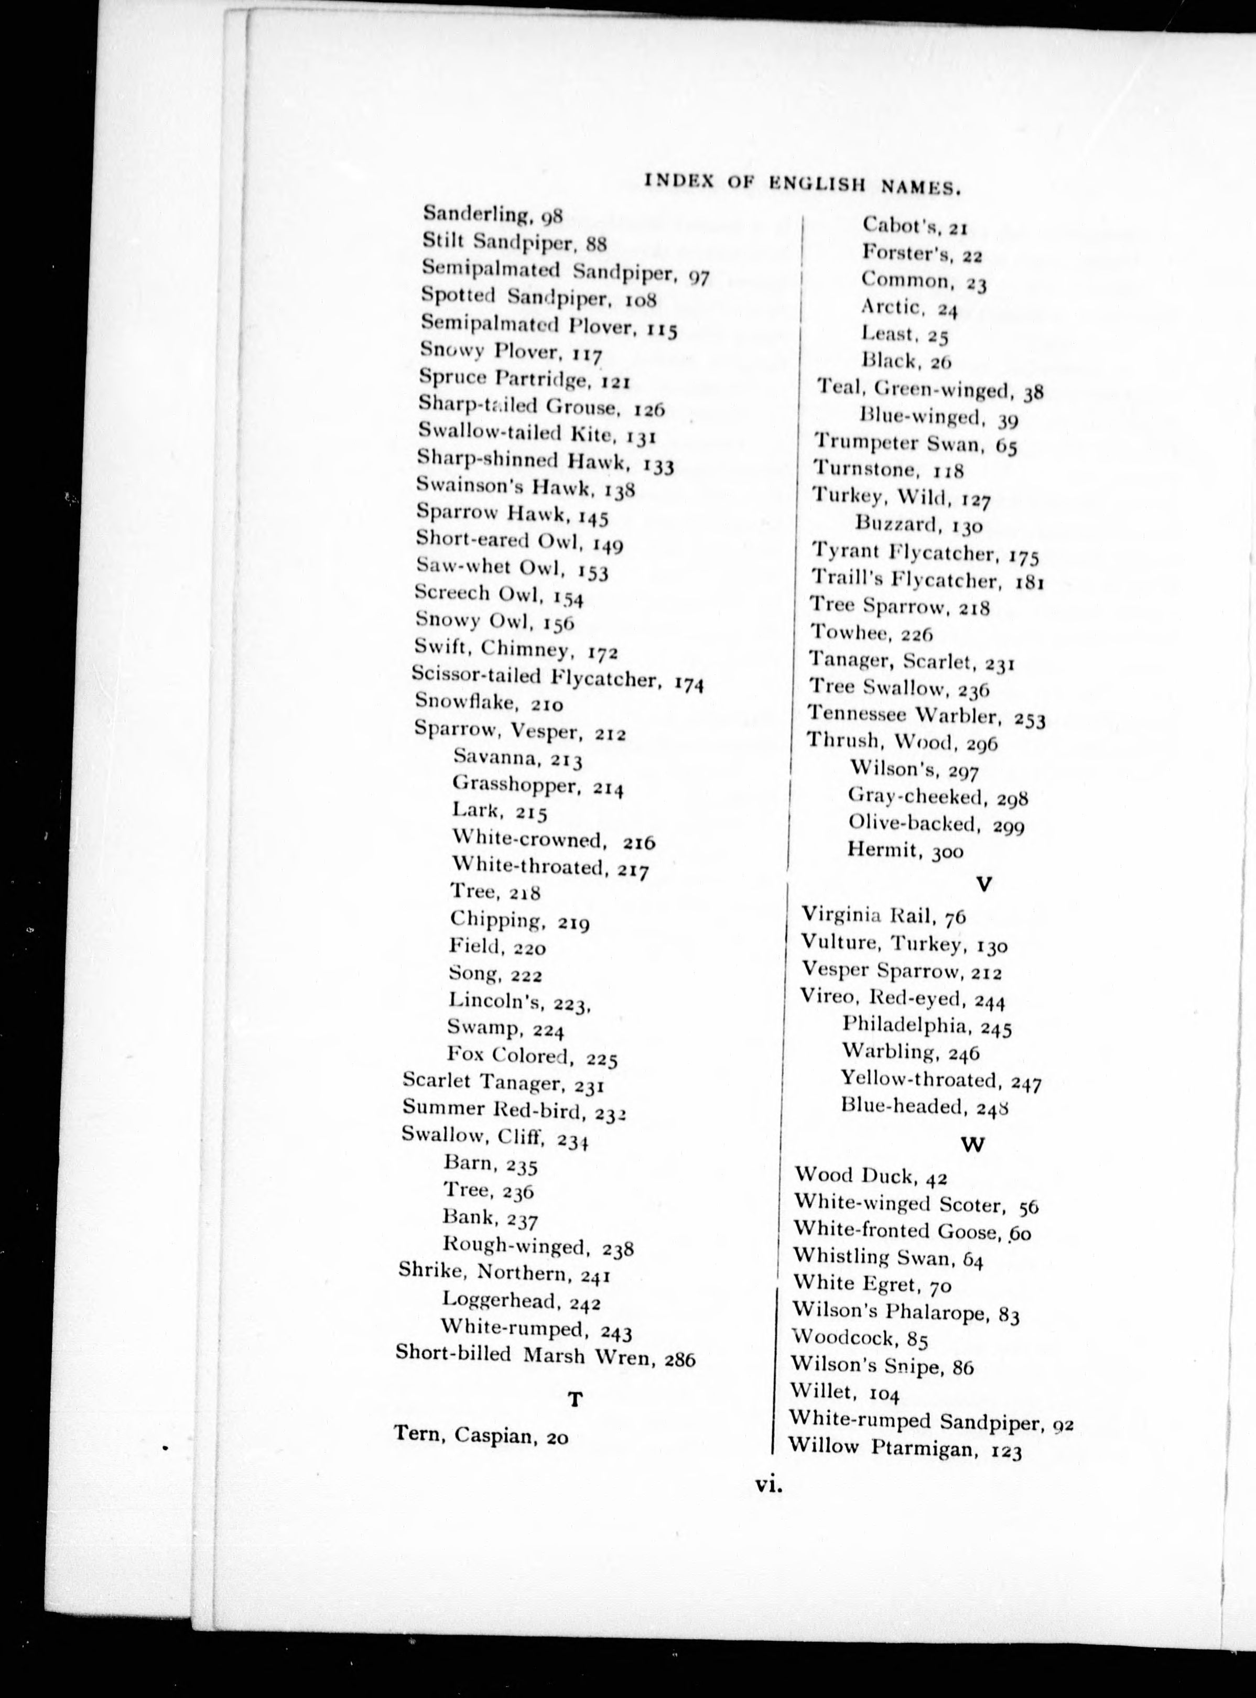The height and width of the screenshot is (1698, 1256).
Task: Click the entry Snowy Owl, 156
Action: click(494, 622)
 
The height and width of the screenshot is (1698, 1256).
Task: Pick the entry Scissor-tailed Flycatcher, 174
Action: click(557, 678)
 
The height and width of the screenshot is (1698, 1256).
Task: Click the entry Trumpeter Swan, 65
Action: click(915, 443)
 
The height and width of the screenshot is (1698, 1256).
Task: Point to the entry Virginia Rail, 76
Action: click(883, 917)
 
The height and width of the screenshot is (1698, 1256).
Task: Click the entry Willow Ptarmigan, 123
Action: click(905, 1447)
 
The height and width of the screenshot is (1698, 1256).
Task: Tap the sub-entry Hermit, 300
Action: click(905, 851)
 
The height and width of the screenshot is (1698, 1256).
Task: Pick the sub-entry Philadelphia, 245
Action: click(927, 1026)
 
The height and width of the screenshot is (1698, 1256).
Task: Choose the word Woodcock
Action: click(842, 1338)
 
